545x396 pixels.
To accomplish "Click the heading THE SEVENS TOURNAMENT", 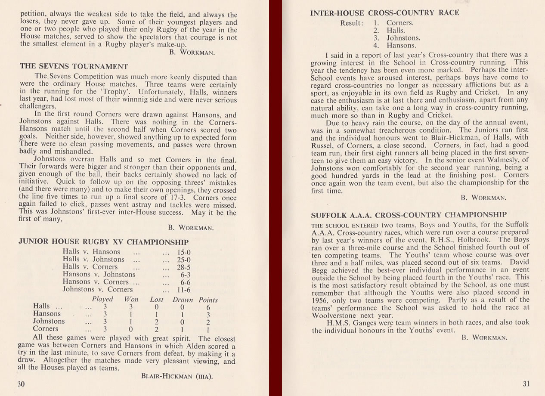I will click(x=74, y=66).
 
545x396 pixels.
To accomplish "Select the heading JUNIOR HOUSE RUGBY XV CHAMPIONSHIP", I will click(x=103, y=242).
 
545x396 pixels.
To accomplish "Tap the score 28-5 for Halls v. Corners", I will click(x=184, y=267).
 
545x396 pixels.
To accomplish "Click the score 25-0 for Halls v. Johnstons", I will click(x=184, y=259).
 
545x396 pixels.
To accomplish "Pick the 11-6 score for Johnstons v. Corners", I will click(x=185, y=290).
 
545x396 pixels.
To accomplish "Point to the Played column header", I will click(x=102, y=299).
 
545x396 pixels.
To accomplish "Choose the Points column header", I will click(x=208, y=300).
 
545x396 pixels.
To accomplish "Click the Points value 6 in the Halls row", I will click(x=208, y=307).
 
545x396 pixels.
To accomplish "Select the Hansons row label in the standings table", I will click(x=47, y=314).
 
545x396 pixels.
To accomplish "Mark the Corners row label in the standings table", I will click(x=45, y=329).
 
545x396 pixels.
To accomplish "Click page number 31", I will click(x=526, y=384).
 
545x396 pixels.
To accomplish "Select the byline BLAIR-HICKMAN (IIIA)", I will click(x=177, y=376).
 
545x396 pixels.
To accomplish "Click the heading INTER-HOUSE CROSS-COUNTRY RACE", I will click(x=385, y=13).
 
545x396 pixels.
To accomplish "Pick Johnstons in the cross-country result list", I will click(x=403, y=38).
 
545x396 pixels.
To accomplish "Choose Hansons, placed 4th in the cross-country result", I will click(x=401, y=45).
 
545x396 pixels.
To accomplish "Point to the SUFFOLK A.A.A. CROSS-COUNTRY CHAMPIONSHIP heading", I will click(x=409, y=215).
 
